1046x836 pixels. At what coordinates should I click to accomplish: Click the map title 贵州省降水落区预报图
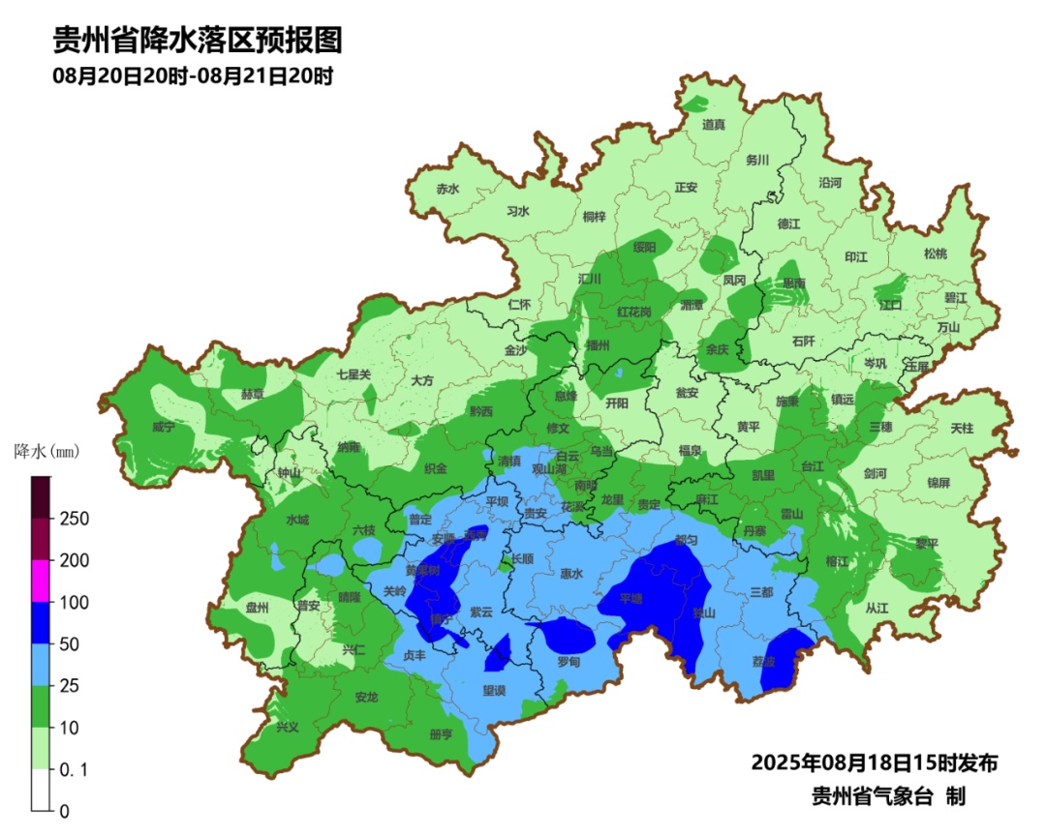point(198,40)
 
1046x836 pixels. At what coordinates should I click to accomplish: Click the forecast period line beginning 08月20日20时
point(194,75)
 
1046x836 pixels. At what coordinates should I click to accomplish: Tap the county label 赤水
point(447,190)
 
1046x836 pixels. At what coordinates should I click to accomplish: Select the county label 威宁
point(164,427)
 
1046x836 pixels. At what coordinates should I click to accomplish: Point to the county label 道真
point(714,124)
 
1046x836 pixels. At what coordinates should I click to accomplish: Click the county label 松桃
point(935,254)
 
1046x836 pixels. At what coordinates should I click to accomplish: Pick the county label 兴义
point(288,727)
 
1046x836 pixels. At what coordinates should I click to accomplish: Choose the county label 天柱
point(962,427)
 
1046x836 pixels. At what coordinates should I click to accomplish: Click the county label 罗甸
point(569,662)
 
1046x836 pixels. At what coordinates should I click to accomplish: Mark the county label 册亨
point(441,734)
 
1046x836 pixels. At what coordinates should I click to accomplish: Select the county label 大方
point(422,380)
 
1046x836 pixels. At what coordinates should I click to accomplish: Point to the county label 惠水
point(571,574)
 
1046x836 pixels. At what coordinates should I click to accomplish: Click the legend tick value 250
point(75,519)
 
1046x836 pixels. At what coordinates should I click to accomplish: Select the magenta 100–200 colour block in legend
point(40,581)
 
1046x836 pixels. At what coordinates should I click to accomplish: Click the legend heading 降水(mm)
point(46,451)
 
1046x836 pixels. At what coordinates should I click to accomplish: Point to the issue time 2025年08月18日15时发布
point(874,762)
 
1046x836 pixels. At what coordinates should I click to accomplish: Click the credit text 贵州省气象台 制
point(888,796)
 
